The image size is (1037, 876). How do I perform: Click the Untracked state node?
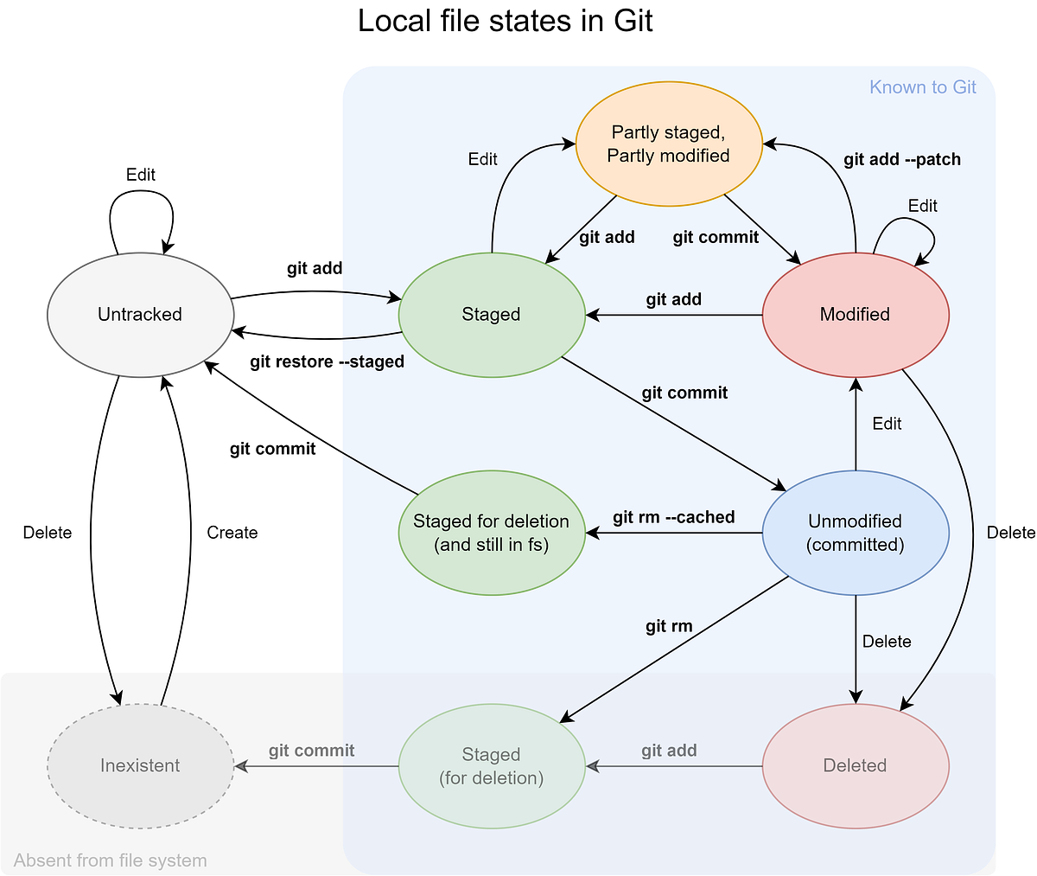point(140,314)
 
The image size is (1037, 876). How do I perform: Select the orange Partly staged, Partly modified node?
point(669,144)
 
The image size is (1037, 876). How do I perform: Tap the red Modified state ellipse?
point(855,314)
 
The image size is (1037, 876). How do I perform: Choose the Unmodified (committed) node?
point(855,533)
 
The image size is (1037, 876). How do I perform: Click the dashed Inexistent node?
point(140,765)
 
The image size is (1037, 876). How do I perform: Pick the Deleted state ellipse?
point(855,765)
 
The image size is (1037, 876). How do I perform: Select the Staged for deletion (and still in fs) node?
point(491,533)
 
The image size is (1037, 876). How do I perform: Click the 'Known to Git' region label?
point(922,87)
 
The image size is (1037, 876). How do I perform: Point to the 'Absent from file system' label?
point(111,860)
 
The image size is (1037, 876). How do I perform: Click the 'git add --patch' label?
point(901,159)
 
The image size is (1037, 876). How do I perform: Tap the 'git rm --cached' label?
point(673,517)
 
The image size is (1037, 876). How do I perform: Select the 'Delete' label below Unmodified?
point(887,641)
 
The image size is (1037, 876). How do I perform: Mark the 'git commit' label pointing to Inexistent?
point(311,751)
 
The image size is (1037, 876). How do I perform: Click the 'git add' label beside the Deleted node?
point(669,751)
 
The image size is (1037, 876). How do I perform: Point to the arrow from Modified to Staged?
point(674,316)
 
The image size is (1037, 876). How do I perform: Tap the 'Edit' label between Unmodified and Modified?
point(887,424)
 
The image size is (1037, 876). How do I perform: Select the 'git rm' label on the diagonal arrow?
point(669,626)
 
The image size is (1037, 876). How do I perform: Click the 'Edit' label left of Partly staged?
point(482,159)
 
